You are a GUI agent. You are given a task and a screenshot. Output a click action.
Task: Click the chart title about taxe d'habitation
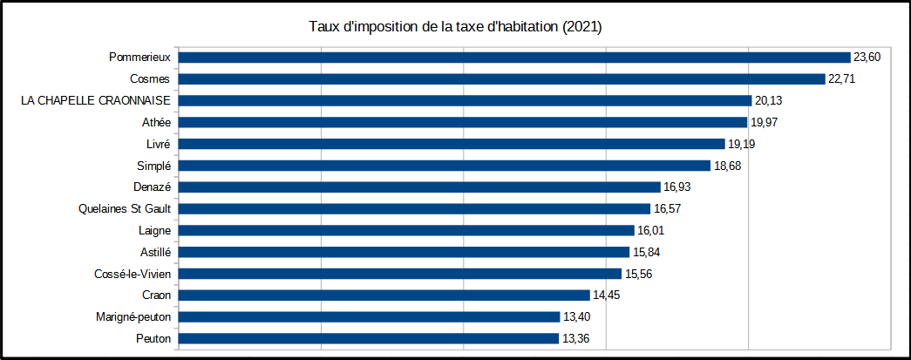click(455, 27)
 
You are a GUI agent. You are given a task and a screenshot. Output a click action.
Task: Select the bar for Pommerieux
click(514, 57)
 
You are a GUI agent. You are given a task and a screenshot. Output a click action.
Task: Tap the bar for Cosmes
click(501, 78)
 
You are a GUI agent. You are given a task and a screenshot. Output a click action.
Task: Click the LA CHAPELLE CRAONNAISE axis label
click(96, 100)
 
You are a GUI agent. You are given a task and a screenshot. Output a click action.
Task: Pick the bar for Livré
click(452, 144)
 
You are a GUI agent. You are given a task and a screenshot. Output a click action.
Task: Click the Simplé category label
click(153, 166)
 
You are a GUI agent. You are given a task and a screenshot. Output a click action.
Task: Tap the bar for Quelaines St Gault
click(414, 208)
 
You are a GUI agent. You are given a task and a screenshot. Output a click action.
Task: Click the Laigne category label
click(154, 230)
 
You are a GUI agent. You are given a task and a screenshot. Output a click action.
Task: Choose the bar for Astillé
click(404, 252)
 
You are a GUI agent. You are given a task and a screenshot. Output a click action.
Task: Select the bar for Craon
click(384, 295)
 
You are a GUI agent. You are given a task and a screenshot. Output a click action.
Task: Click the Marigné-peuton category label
click(134, 316)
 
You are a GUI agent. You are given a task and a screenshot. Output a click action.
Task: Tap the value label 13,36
click(575, 338)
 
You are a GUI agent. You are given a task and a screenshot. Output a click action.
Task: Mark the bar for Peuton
click(369, 338)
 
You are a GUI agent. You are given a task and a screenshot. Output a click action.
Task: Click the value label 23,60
click(867, 57)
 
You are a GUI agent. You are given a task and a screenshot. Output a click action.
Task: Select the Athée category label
click(156, 122)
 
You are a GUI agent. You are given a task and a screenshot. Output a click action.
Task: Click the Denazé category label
click(152, 187)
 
